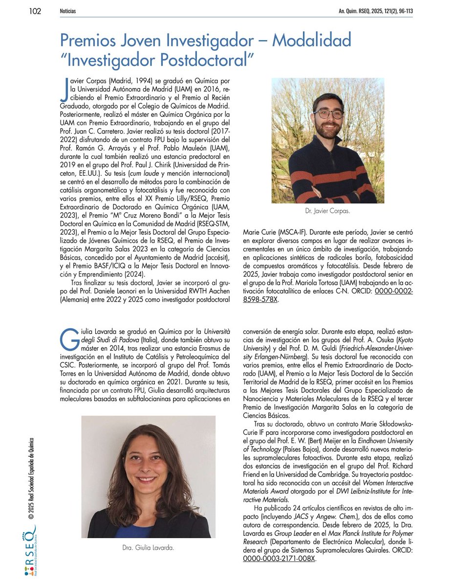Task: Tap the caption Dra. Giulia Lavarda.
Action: click(148, 547)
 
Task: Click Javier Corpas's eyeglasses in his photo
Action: click(328, 114)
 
